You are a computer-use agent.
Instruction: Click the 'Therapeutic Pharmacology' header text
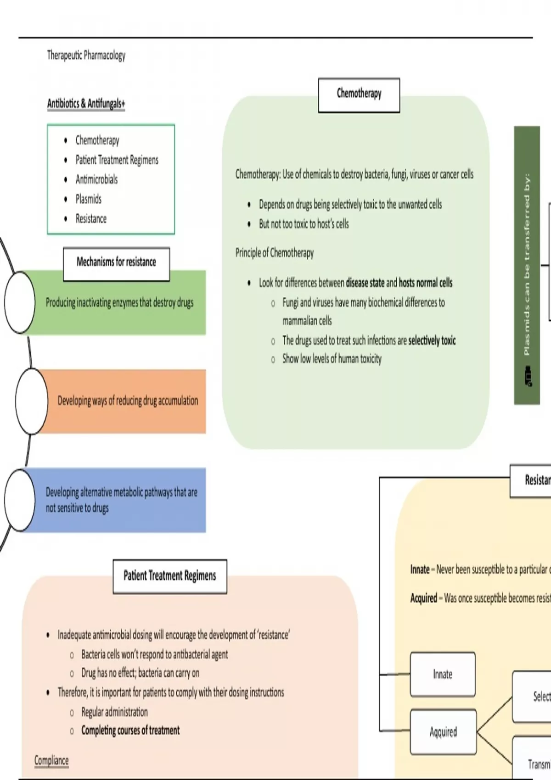click(x=86, y=56)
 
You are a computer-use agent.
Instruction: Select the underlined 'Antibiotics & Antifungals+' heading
click(x=86, y=104)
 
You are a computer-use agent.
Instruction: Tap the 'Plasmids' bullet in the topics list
click(x=88, y=199)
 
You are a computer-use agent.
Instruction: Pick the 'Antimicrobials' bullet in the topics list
click(x=96, y=179)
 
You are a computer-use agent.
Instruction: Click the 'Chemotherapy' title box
click(x=359, y=95)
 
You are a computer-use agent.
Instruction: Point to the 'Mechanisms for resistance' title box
click(x=116, y=263)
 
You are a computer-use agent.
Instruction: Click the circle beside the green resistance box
click(x=20, y=302)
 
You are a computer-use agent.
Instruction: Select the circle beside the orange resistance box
click(x=31, y=401)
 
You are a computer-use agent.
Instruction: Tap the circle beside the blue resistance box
click(x=20, y=500)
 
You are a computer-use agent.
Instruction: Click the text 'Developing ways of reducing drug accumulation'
click(x=128, y=401)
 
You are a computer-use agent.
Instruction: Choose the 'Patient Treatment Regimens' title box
click(x=169, y=576)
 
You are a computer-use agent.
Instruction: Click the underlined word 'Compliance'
click(x=51, y=760)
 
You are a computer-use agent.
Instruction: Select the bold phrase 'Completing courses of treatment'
click(x=130, y=730)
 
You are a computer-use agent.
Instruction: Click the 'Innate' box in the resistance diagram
click(x=443, y=674)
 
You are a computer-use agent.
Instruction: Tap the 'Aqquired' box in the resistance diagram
click(x=443, y=732)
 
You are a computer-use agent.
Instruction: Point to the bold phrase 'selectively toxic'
click(x=432, y=340)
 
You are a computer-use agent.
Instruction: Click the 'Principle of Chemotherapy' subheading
click(x=275, y=253)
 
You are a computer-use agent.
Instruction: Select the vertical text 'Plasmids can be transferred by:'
click(x=527, y=264)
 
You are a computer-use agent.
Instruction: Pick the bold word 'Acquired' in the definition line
click(x=423, y=598)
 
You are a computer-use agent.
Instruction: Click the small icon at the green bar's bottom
click(x=528, y=376)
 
